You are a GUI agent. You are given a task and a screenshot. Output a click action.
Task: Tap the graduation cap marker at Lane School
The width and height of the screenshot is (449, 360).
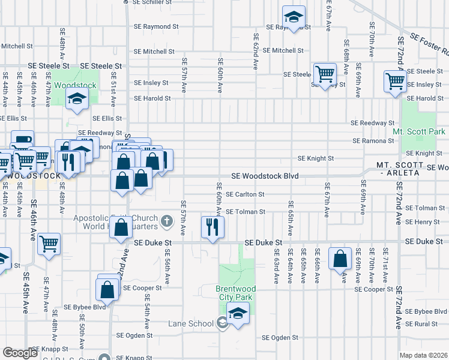[238, 314]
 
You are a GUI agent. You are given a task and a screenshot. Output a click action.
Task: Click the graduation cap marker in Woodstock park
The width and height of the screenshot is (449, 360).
[77, 99]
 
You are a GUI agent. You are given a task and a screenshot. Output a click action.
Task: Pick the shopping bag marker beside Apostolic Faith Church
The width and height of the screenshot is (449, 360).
[121, 229]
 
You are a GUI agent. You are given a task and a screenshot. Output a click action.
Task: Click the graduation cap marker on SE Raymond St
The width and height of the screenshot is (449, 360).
[294, 17]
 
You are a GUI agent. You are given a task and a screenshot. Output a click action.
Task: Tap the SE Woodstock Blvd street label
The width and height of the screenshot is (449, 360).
[265, 176]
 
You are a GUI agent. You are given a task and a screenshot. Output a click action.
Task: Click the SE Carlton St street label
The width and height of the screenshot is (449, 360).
[245, 194]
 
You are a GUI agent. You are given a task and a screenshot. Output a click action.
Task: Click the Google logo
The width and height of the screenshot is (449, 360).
[20, 353]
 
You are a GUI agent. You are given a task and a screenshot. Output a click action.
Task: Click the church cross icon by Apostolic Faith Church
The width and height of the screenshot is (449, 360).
[167, 223]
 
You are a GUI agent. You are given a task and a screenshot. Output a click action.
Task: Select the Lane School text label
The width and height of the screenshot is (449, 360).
[191, 324]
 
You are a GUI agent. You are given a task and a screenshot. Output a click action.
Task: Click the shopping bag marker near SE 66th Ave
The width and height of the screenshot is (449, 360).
[340, 260]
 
